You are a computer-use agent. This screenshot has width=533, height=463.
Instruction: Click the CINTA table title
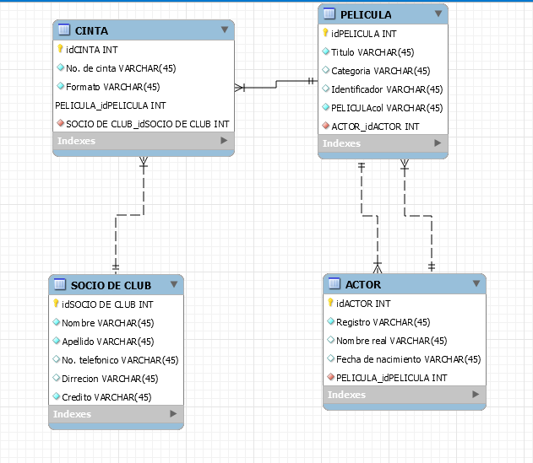click(x=91, y=30)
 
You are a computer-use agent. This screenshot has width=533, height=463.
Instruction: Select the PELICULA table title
click(x=365, y=14)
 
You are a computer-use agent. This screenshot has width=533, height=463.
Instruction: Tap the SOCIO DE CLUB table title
click(x=111, y=284)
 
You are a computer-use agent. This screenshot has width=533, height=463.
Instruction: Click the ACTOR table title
click(x=362, y=284)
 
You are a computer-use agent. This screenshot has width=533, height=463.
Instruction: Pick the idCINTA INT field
click(x=91, y=50)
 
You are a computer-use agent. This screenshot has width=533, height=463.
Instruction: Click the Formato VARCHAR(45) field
click(x=112, y=87)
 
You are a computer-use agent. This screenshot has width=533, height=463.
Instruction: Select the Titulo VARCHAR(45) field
click(x=373, y=52)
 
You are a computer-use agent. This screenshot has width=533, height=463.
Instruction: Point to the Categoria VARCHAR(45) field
click(x=380, y=71)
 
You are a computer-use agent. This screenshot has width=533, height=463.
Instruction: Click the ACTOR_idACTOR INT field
click(x=375, y=127)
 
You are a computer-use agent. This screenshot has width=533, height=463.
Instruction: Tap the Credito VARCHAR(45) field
click(x=106, y=396)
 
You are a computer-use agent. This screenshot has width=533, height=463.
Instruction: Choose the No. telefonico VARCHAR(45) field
click(x=120, y=360)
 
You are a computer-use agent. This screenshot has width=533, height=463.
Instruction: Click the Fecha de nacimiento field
click(x=408, y=359)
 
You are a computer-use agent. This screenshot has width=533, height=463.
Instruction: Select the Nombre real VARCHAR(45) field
click(x=391, y=341)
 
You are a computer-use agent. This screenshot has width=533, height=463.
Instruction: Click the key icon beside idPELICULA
click(x=325, y=34)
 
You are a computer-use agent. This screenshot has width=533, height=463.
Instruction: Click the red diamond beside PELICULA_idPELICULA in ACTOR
click(x=330, y=378)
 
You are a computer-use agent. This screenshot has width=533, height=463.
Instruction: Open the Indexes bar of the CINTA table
click(x=142, y=141)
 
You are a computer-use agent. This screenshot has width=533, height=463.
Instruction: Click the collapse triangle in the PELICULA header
click(x=438, y=14)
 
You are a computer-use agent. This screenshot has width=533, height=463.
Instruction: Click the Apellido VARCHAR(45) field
click(x=107, y=342)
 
